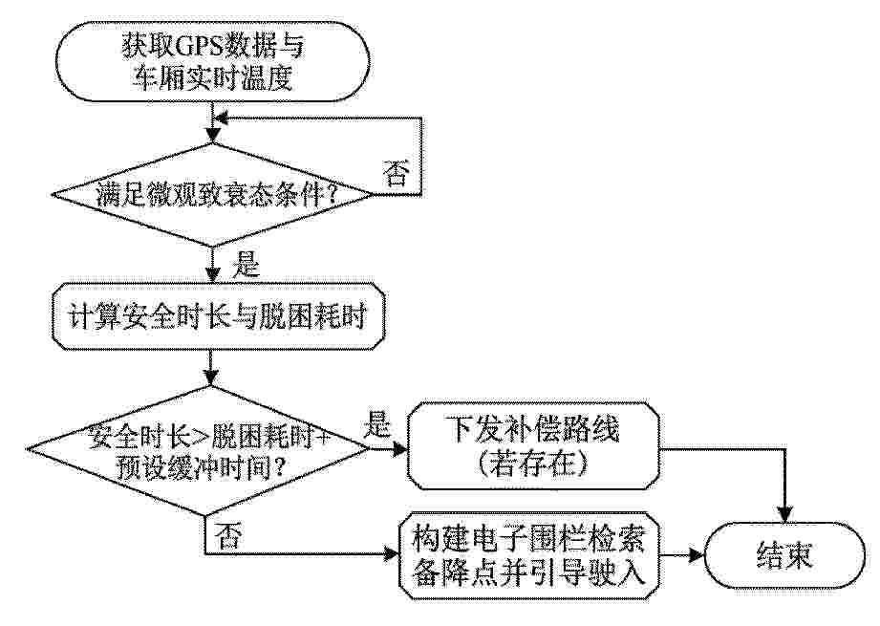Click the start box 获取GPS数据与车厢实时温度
click(x=212, y=61)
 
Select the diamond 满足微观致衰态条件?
click(x=213, y=195)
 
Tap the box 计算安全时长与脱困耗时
click(x=219, y=316)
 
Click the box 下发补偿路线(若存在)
click(x=533, y=445)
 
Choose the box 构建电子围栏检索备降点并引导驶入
click(x=528, y=555)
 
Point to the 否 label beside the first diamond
click(x=396, y=172)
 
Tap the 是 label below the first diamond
click(x=246, y=264)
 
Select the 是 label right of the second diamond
click(x=376, y=424)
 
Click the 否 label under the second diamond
click(x=228, y=535)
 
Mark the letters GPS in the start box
click(x=200, y=46)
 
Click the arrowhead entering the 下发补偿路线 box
click(x=400, y=449)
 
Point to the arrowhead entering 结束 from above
click(x=784, y=515)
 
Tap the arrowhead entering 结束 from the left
click(x=697, y=555)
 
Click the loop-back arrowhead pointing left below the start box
click(x=222, y=119)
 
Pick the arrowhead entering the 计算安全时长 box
click(x=212, y=275)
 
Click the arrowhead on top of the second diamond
click(x=212, y=378)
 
